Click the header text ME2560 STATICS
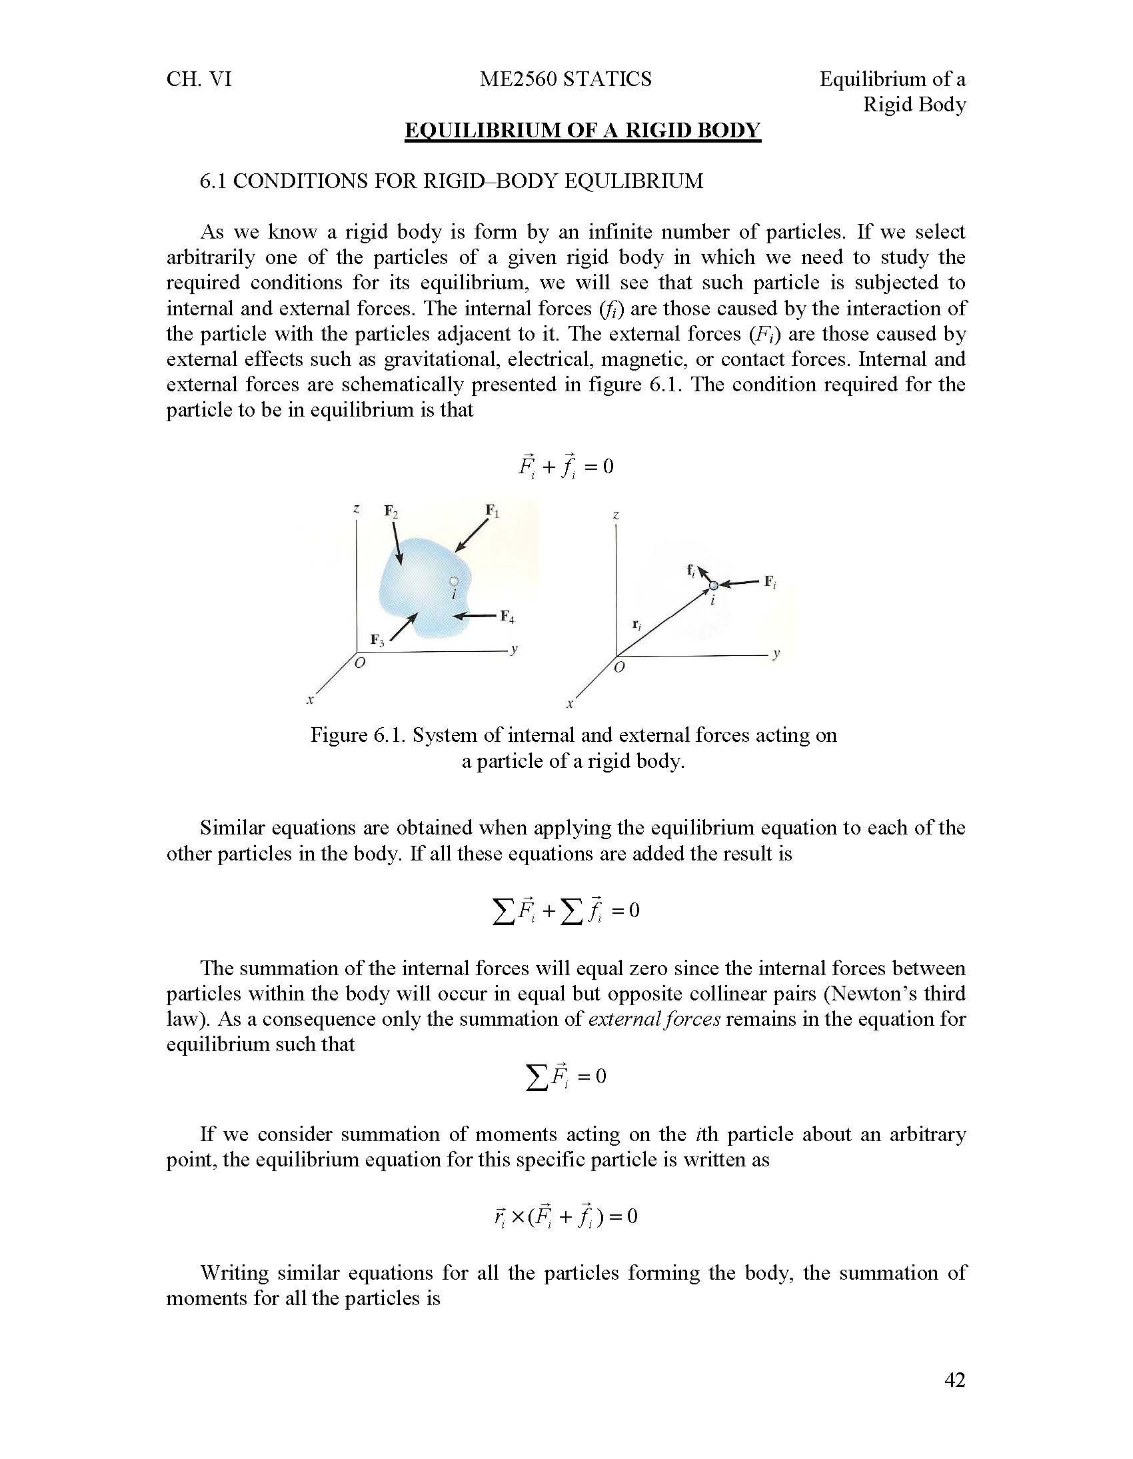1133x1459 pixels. (x=565, y=79)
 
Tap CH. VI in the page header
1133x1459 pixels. (x=199, y=79)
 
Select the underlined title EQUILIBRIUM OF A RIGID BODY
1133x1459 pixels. (x=582, y=130)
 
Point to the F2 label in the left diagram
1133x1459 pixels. (x=391, y=513)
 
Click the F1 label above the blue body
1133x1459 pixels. (x=493, y=512)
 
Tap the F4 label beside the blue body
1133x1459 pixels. (x=508, y=616)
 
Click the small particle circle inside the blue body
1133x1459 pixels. (x=454, y=581)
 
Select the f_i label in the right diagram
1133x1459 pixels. (x=691, y=570)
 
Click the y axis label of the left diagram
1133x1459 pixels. (x=513, y=649)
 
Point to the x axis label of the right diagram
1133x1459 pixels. (x=570, y=703)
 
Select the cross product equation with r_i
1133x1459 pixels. (x=565, y=1216)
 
